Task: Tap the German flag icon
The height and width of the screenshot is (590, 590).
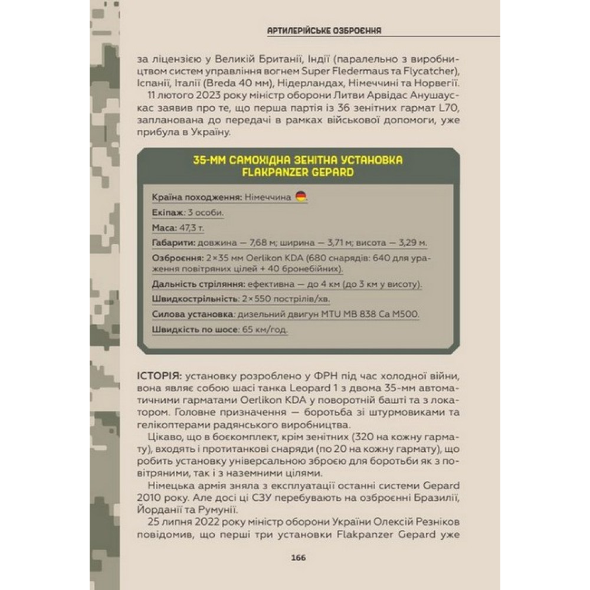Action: pyautogui.click(x=301, y=196)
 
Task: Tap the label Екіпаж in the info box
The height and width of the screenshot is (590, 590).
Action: pyautogui.click(x=168, y=212)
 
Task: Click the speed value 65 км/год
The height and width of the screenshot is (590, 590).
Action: pyautogui.click(x=264, y=330)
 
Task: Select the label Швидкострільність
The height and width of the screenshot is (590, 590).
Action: pyautogui.click(x=195, y=299)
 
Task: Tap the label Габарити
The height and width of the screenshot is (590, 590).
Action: pyautogui.click(x=174, y=242)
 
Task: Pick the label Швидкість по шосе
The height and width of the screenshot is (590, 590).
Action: pyautogui.click(x=195, y=330)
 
